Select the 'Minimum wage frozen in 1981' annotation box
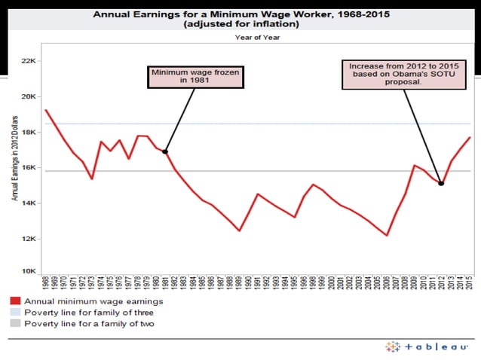[x=185, y=76]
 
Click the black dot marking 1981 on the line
[x=165, y=152]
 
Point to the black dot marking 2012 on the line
[x=441, y=183]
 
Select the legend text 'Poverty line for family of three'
[x=89, y=312]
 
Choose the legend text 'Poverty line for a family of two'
[x=90, y=322]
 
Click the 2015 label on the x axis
[x=470, y=284]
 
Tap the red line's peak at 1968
[x=47, y=111]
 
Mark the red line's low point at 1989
[x=240, y=230]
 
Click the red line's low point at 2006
[x=387, y=235]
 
